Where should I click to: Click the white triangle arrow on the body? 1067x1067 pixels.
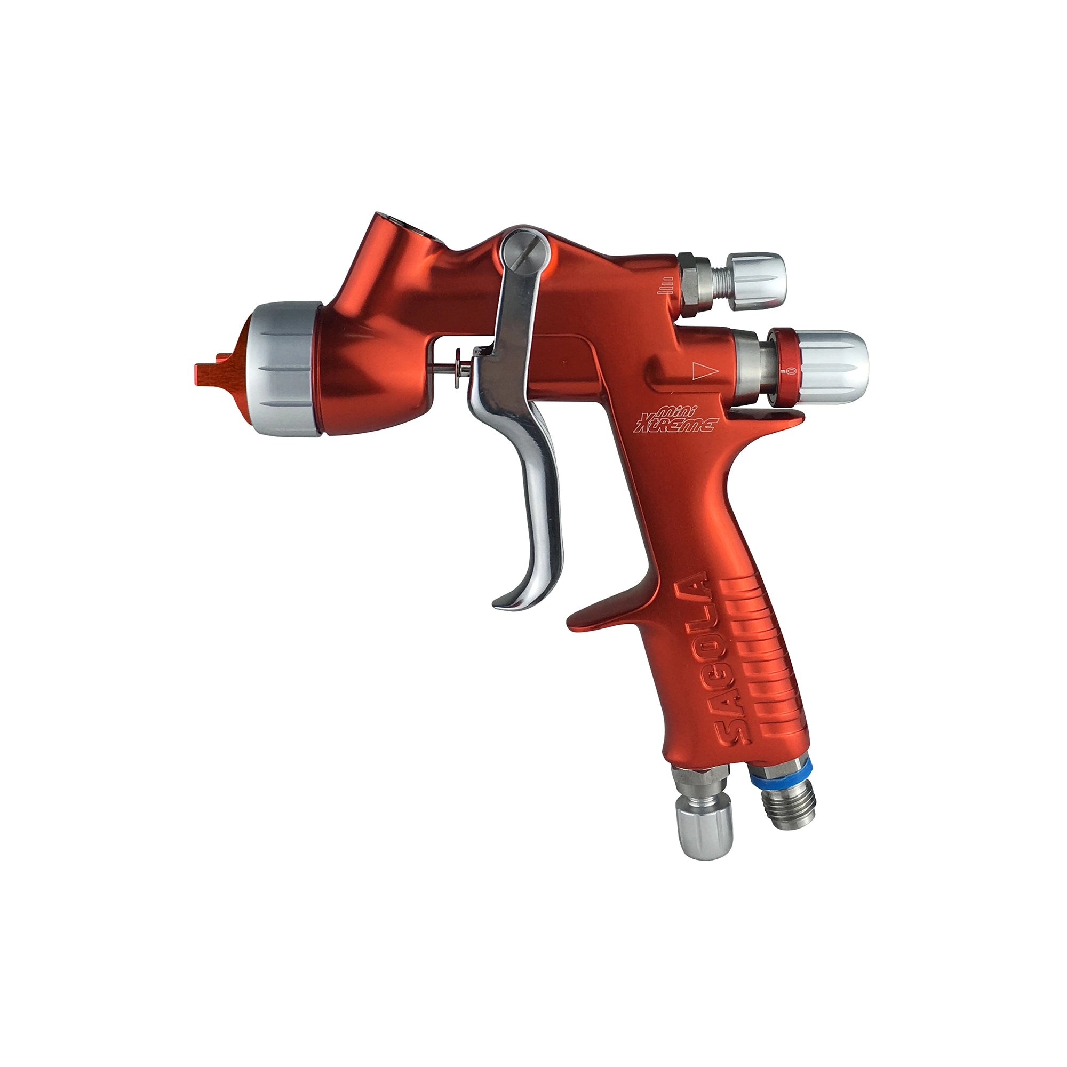(x=704, y=371)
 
